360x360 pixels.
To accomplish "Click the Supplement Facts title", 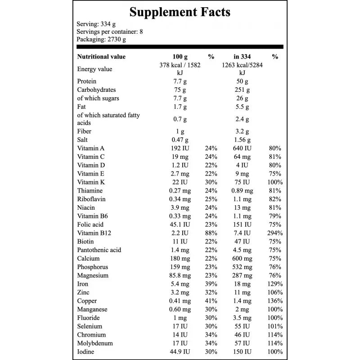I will [x=180, y=12].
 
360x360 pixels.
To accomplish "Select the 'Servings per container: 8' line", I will [x=110, y=31].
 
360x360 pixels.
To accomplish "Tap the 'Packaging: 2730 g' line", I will [x=101, y=39].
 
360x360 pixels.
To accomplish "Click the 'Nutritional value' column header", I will [x=101, y=57].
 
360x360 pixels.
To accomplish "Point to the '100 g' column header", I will [x=180, y=57].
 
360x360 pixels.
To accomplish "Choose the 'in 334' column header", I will [x=242, y=57].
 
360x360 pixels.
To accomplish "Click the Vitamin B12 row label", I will [x=94, y=233].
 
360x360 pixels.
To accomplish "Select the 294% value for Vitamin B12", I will [x=274, y=233].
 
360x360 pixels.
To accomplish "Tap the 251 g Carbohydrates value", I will [x=242, y=90].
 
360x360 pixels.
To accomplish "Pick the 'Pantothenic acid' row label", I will [x=99, y=250].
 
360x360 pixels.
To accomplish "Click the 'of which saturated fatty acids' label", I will [x=108, y=119].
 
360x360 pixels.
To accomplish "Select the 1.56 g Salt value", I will [x=242, y=140].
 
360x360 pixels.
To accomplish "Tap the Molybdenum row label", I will [x=94, y=343].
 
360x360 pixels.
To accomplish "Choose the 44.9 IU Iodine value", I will [x=180, y=351].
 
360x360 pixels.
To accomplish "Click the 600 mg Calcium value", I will [x=242, y=258].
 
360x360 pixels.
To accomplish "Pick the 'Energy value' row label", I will [x=94, y=69].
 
